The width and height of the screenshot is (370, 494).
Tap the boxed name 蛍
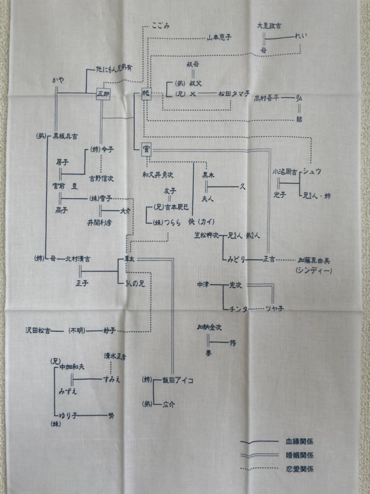(146, 150)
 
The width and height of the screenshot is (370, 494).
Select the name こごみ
(161, 25)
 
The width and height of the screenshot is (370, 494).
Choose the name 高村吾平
(267, 99)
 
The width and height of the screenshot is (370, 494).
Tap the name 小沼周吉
(284, 172)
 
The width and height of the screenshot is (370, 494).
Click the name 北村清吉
(78, 259)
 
